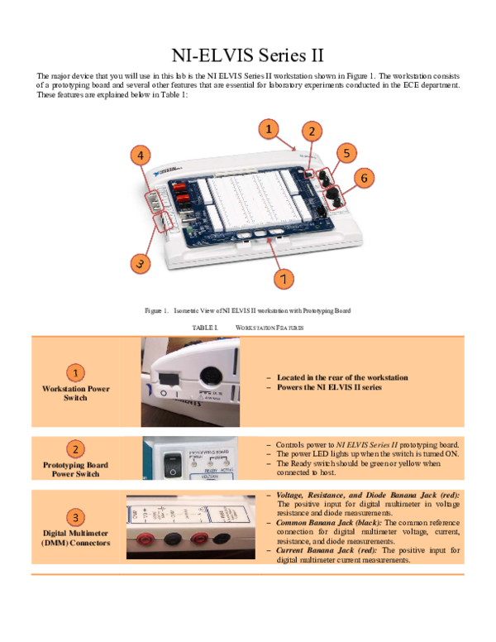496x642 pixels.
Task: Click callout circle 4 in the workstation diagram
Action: [141, 155]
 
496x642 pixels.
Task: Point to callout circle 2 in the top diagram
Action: [311, 131]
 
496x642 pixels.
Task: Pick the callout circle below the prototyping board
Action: [284, 279]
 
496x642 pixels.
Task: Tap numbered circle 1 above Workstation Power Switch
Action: [75, 373]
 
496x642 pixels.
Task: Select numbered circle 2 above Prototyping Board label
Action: [75, 449]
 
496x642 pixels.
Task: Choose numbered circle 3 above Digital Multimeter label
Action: [75, 518]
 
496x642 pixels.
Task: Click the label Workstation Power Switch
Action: [75, 393]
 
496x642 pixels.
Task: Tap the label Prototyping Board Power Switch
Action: [75, 469]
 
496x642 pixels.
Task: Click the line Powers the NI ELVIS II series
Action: [329, 387]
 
